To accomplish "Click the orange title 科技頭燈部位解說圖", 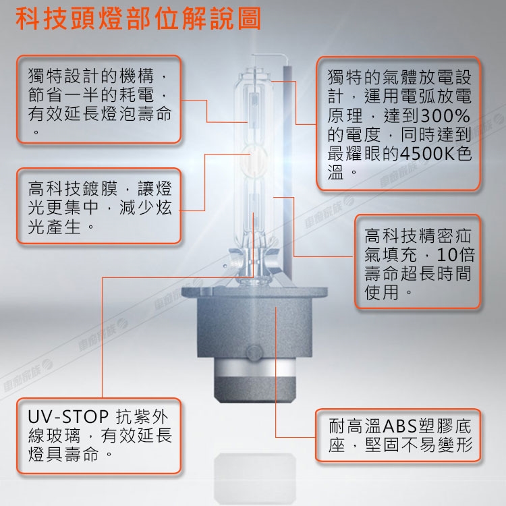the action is click(x=138, y=19).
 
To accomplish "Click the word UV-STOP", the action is click(x=68, y=417).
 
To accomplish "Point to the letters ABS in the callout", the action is click(x=400, y=426).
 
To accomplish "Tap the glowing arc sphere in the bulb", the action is click(x=254, y=161).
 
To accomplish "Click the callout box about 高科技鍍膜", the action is click(x=99, y=206).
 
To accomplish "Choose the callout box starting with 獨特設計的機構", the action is click(x=99, y=99).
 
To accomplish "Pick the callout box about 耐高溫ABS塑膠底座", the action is click(x=398, y=435).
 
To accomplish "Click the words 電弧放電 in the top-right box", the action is click(x=436, y=96).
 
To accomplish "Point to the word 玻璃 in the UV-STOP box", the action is click(x=63, y=436).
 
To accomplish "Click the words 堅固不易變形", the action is click(x=419, y=445).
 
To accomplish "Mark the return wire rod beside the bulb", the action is click(x=287, y=171).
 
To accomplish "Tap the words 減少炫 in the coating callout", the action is click(x=145, y=207).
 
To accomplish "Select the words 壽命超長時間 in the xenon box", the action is click(x=418, y=274).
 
